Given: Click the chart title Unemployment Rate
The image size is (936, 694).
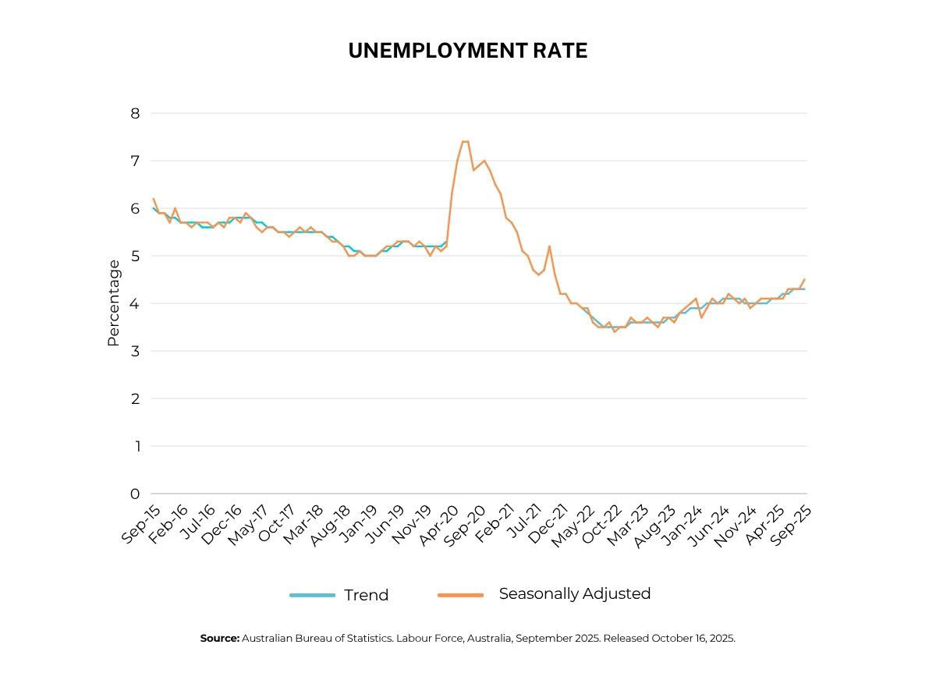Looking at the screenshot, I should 467,51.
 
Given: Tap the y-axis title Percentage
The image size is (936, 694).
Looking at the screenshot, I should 114,303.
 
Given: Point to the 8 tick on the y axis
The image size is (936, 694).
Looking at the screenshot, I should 135,113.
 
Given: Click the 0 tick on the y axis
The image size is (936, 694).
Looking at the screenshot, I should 135,494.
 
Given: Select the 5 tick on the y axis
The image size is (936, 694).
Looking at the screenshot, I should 135,256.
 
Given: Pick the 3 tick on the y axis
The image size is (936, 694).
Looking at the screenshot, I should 135,351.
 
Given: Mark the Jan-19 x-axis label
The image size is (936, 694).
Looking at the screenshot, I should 360,524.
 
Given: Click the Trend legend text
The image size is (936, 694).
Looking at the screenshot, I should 366,595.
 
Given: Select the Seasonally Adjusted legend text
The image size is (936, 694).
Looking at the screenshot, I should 574,593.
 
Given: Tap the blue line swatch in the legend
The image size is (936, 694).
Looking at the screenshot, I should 312,595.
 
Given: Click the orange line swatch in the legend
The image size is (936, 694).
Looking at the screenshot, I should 460,595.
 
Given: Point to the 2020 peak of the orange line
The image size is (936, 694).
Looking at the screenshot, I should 465,141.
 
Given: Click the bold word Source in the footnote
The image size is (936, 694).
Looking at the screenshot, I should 219,638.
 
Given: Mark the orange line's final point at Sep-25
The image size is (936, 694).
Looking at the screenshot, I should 804,279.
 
